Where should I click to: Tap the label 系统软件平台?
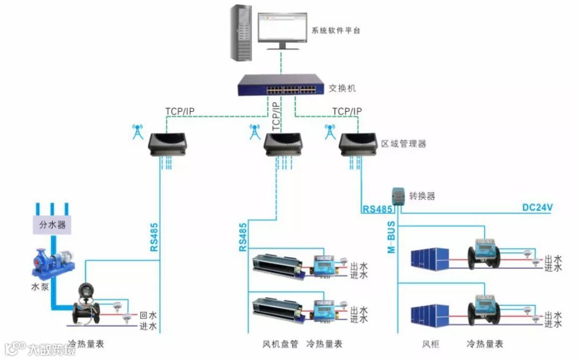336,31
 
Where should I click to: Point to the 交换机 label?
342,88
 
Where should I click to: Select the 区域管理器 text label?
403,144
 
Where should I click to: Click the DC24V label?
537,208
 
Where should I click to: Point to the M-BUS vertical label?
392,236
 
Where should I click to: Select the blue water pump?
52,264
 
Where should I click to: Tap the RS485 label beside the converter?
377,208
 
